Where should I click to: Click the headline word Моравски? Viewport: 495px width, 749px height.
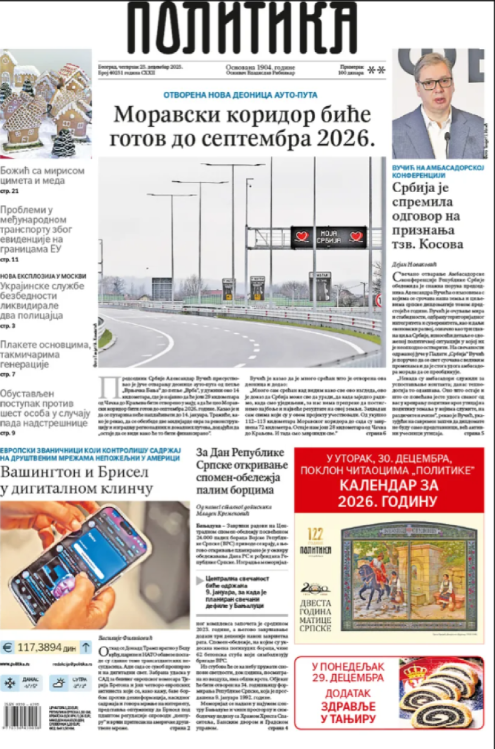click(161, 115)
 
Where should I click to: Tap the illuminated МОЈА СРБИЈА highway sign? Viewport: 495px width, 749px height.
click(328, 237)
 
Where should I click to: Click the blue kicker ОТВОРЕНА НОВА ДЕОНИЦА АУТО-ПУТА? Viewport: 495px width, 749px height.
click(240, 95)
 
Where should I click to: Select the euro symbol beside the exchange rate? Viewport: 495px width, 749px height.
click(7, 648)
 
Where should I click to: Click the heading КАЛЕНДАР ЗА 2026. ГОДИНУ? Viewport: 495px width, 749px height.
click(388, 493)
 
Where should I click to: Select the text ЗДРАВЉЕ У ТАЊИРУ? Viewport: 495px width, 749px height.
click(348, 713)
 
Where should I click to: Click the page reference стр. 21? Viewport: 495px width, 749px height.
click(9, 191)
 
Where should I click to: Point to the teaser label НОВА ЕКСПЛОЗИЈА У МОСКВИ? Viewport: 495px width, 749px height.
click(43, 276)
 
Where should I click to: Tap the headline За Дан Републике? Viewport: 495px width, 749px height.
click(240, 453)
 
